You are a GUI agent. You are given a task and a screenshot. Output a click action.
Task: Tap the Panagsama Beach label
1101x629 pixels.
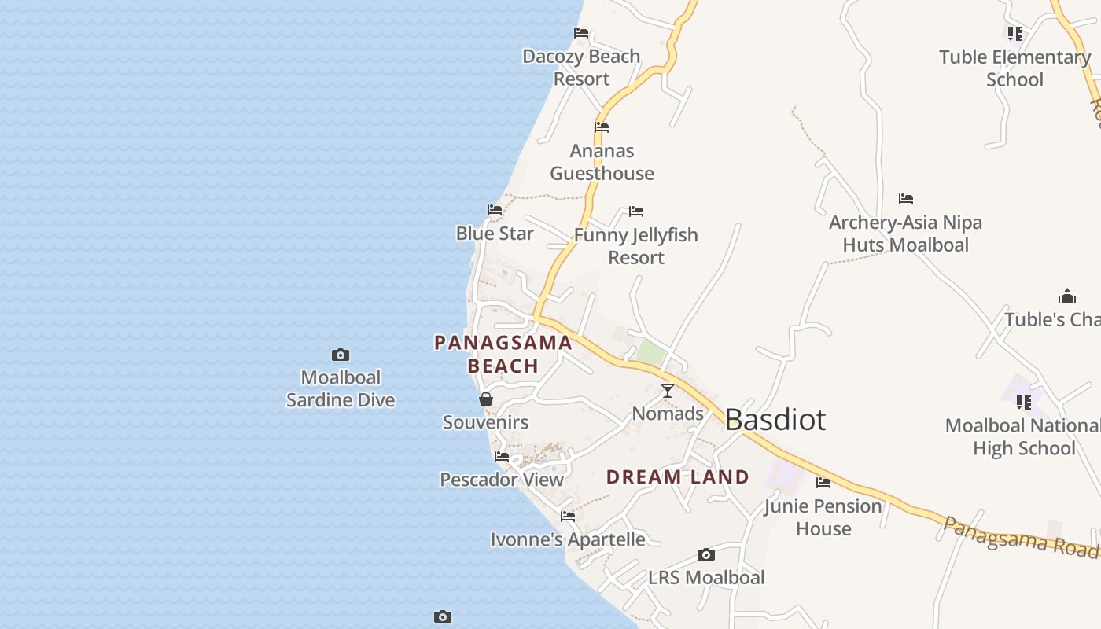click(503, 354)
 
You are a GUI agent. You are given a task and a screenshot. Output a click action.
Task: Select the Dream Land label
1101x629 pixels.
click(677, 476)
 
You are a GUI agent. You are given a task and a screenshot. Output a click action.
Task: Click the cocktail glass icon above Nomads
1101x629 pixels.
click(668, 390)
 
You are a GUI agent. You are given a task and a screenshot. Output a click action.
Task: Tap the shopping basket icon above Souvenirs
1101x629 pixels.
click(486, 399)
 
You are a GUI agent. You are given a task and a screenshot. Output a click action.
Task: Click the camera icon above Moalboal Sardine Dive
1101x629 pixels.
click(341, 355)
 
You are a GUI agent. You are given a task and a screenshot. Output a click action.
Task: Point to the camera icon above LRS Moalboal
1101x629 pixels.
click(706, 554)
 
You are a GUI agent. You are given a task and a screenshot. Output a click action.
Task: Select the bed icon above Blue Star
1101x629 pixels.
click(495, 210)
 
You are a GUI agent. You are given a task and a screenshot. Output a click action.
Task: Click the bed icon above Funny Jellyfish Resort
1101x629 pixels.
click(636, 212)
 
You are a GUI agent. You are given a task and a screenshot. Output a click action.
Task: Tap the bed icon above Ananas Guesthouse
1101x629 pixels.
click(602, 127)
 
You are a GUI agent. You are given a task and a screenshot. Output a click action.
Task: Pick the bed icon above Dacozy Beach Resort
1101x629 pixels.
click(581, 33)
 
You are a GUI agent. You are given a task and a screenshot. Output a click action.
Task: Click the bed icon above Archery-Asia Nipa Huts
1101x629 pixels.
click(906, 199)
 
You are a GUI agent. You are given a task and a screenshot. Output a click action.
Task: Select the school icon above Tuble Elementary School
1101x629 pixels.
click(1015, 34)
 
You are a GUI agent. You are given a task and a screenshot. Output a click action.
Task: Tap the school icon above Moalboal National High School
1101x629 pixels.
click(1023, 403)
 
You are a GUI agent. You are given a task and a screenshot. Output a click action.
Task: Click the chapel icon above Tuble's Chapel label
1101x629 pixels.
click(1067, 296)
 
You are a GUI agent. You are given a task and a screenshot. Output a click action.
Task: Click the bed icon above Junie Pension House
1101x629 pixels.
click(823, 483)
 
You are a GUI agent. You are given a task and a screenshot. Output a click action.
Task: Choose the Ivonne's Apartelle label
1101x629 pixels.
click(568, 539)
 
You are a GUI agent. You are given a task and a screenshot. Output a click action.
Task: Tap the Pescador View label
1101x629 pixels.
click(502, 479)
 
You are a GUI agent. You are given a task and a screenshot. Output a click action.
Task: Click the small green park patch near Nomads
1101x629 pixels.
click(650, 351)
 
